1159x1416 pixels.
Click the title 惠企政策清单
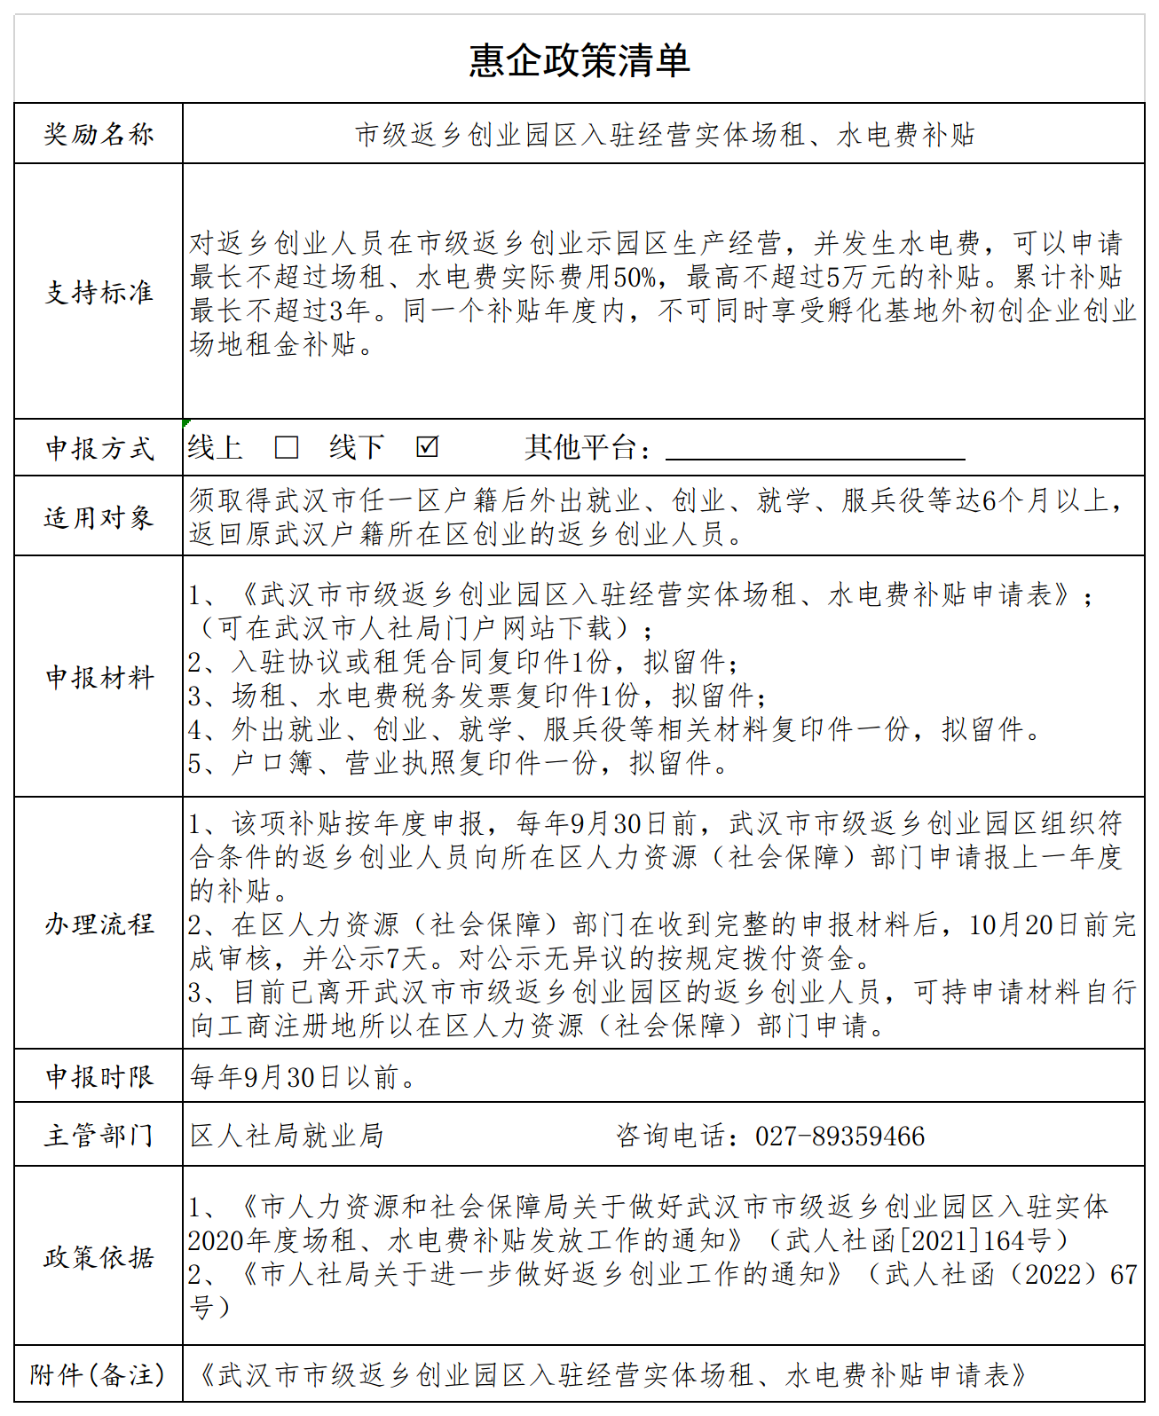point(579,60)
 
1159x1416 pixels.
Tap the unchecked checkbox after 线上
point(287,447)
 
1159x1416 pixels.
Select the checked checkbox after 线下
point(427,446)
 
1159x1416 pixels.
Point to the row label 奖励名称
point(99,134)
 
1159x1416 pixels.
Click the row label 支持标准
point(99,292)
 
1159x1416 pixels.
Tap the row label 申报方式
point(99,448)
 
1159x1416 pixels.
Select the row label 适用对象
point(99,516)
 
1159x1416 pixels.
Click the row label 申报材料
point(99,677)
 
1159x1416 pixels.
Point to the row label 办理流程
point(99,924)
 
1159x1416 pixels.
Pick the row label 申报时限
point(99,1076)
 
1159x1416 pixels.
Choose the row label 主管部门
point(99,1135)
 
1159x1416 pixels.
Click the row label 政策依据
point(99,1256)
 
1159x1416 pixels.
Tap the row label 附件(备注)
point(98,1374)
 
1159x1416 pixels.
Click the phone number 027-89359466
point(840,1137)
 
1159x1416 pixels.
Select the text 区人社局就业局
point(287,1136)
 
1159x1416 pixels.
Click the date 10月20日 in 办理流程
point(1024,925)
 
